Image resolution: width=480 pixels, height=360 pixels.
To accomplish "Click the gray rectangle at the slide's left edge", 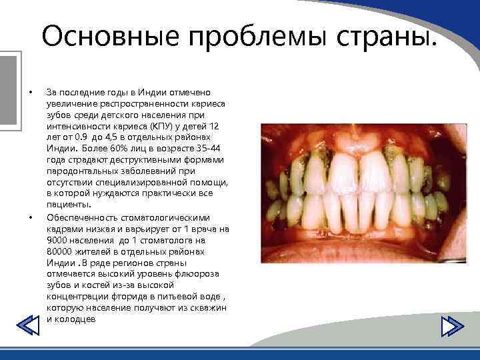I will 7,90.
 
